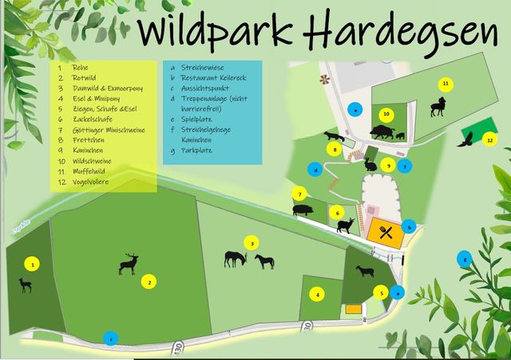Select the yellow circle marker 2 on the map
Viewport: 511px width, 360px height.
coord(149,280)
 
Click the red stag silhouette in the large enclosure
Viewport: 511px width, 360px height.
coord(128,264)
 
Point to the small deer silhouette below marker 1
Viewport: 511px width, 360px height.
coord(26,284)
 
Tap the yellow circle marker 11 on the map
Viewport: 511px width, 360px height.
coord(446,83)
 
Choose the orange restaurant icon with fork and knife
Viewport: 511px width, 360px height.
coord(385,232)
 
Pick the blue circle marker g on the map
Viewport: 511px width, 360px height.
coord(464,258)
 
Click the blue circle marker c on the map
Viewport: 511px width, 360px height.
coord(111,338)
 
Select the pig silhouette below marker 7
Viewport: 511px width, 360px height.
coord(303,210)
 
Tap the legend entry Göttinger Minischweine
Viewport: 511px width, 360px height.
coord(109,129)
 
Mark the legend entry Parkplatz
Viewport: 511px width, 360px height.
coord(197,149)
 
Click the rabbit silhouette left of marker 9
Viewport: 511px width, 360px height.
coord(370,165)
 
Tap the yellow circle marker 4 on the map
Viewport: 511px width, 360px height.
coord(318,295)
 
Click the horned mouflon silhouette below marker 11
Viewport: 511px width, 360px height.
coord(438,106)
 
